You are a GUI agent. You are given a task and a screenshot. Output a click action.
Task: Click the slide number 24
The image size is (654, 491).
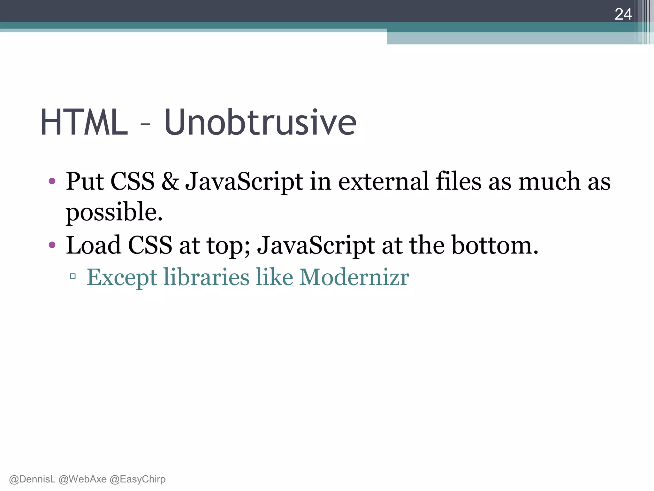(x=623, y=14)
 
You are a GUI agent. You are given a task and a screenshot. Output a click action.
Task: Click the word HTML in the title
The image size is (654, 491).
(x=84, y=122)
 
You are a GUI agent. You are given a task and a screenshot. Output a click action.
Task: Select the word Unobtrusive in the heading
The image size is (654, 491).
(x=260, y=122)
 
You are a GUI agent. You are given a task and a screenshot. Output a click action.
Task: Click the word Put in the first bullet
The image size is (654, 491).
(x=85, y=182)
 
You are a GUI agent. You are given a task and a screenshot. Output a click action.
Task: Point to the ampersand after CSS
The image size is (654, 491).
(x=170, y=182)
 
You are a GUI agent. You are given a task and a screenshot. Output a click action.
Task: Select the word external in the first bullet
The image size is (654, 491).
(x=383, y=182)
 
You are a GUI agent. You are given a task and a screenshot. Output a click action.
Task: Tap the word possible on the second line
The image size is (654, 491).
(x=114, y=213)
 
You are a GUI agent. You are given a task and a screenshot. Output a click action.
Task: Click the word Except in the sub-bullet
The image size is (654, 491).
(x=122, y=277)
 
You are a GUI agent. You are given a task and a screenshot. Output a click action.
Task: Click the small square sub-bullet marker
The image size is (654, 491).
(x=73, y=276)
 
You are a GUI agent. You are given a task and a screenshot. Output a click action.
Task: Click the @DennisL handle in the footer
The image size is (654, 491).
(x=32, y=479)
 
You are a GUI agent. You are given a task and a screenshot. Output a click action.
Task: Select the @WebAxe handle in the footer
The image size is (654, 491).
(x=83, y=479)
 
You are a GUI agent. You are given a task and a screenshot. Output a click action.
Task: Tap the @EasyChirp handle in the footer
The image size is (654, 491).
(x=138, y=479)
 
